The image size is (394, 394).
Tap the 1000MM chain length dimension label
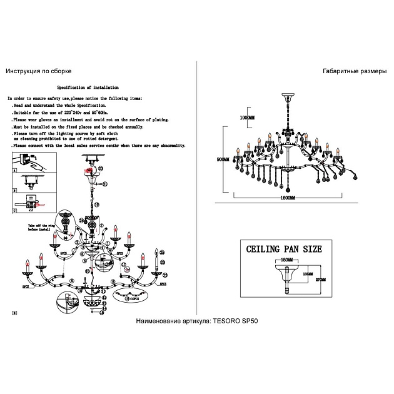point(248,118)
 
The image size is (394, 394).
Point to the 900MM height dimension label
point(223,159)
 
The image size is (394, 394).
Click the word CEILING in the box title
point(266,249)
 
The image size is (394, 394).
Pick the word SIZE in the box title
point(310,249)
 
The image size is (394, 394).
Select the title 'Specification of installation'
point(88,88)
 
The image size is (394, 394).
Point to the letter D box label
point(14,311)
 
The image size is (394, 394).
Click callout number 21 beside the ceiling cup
point(105,184)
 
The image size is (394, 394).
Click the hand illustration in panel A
point(33,164)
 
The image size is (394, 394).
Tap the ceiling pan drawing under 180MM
point(286,271)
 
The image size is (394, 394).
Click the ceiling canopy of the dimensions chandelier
point(288,96)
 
